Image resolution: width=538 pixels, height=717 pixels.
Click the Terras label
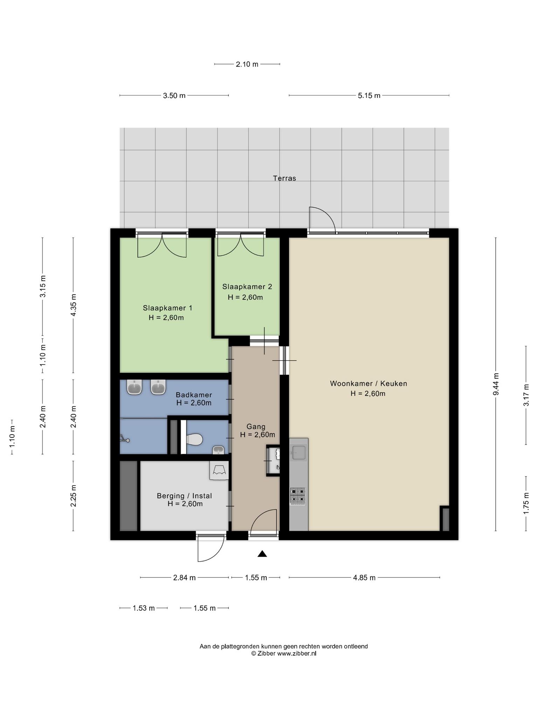click(x=284, y=178)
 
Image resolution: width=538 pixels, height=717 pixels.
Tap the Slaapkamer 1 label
click(x=167, y=308)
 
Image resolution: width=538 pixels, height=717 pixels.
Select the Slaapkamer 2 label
click(x=247, y=287)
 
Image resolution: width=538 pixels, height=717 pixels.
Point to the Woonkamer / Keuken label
click(x=368, y=383)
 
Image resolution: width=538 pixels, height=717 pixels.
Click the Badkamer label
click(x=194, y=395)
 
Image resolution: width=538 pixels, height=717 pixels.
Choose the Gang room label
click(x=256, y=426)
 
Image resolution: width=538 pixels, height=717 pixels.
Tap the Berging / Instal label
click(x=184, y=496)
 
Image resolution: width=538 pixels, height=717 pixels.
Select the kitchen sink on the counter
click(x=299, y=452)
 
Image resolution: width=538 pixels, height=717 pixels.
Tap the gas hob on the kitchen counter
click(x=297, y=496)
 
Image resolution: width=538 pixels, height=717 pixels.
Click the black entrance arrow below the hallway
click(x=262, y=554)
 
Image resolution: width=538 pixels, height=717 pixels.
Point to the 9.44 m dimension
click(x=496, y=384)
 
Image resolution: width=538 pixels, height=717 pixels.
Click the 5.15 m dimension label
click(x=369, y=96)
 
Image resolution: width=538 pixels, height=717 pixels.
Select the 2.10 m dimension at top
click(x=247, y=64)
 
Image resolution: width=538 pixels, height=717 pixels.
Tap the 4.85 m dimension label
click(x=364, y=578)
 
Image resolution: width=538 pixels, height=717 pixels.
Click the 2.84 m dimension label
click(x=184, y=578)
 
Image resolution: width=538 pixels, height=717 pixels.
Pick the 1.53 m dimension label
click(x=144, y=608)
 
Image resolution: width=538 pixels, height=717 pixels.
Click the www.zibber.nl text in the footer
click(x=297, y=653)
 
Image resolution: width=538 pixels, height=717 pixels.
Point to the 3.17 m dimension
click(x=526, y=395)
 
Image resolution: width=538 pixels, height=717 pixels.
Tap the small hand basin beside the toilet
click(x=218, y=450)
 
